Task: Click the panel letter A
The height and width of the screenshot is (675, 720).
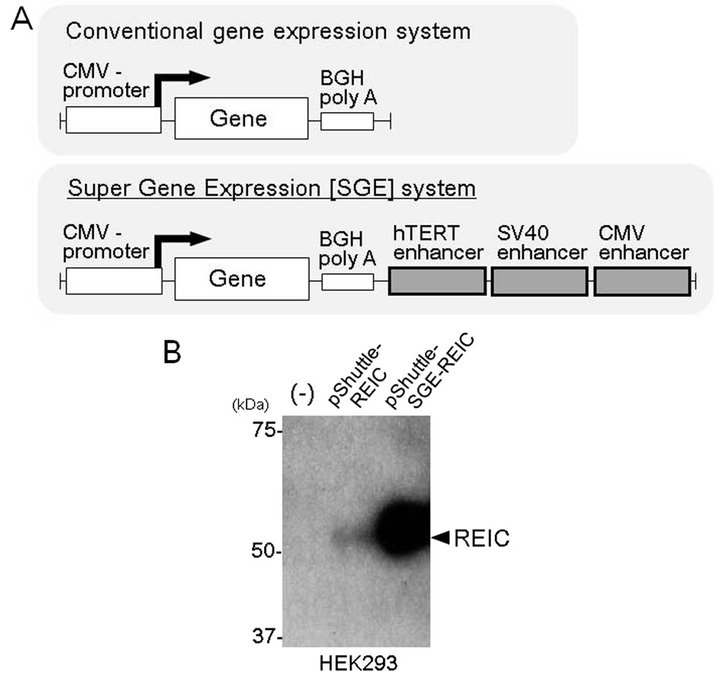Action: click(x=21, y=20)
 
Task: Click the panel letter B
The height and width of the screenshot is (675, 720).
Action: click(x=172, y=352)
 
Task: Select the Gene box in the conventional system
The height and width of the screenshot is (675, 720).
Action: click(x=241, y=118)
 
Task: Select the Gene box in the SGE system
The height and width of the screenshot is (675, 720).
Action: click(x=241, y=279)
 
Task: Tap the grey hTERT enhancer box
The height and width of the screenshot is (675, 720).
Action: click(x=437, y=281)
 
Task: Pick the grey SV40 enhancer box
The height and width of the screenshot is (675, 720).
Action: click(x=540, y=281)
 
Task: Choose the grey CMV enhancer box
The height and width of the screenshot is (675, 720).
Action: click(x=642, y=281)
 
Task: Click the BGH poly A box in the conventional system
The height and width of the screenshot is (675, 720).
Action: click(x=347, y=121)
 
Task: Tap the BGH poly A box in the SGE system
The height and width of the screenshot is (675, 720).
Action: click(x=347, y=282)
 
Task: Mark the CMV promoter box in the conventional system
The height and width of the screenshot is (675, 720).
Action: click(x=113, y=120)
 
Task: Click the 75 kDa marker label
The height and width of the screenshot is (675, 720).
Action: click(x=264, y=430)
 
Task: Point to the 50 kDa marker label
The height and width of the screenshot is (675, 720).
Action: click(x=263, y=551)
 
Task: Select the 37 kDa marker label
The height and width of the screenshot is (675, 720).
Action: click(x=264, y=637)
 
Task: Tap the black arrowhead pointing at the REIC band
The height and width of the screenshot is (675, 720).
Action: click(x=441, y=538)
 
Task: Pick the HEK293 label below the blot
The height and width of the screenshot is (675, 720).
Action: click(x=358, y=663)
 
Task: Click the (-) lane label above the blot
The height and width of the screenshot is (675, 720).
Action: click(x=302, y=395)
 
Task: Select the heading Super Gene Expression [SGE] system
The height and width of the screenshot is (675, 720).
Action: click(x=271, y=189)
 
